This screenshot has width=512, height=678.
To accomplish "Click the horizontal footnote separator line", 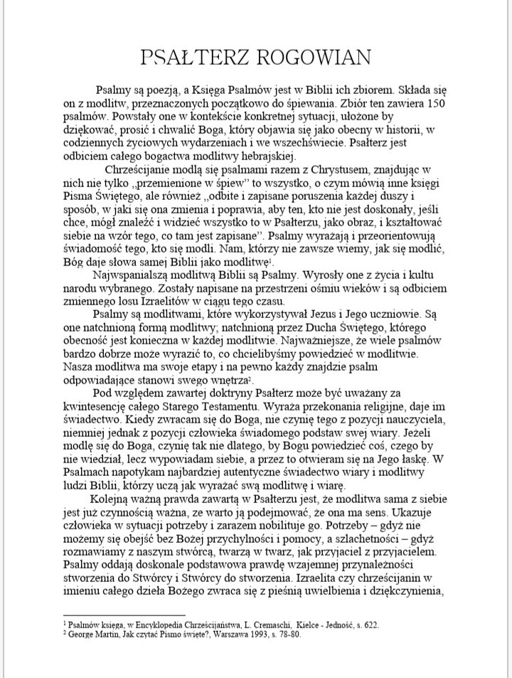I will (124, 614).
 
